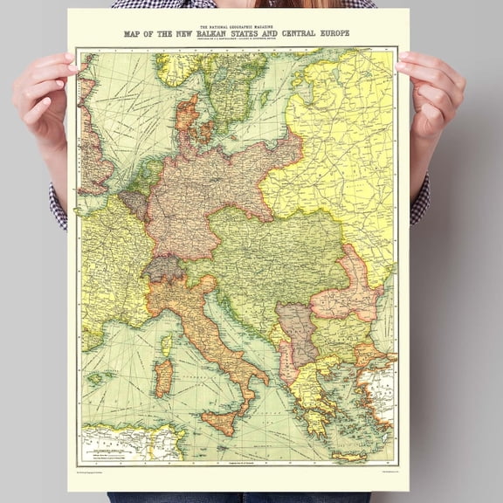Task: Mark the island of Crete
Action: pos(349,454)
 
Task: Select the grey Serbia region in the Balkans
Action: pos(298,332)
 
